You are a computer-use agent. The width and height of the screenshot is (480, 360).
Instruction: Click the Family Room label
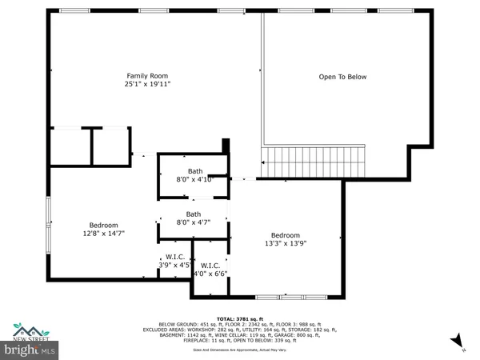click(146, 74)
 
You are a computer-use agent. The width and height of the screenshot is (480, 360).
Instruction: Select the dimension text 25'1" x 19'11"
click(146, 83)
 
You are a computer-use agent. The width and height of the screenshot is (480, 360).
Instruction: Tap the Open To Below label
click(342, 77)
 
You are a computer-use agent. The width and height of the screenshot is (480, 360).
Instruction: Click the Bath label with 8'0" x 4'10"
click(194, 171)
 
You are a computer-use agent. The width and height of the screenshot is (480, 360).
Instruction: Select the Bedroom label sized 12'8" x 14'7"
click(104, 225)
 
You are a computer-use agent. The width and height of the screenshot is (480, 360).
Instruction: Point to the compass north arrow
click(457, 344)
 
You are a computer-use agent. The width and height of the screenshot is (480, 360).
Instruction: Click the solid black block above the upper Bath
click(226, 146)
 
